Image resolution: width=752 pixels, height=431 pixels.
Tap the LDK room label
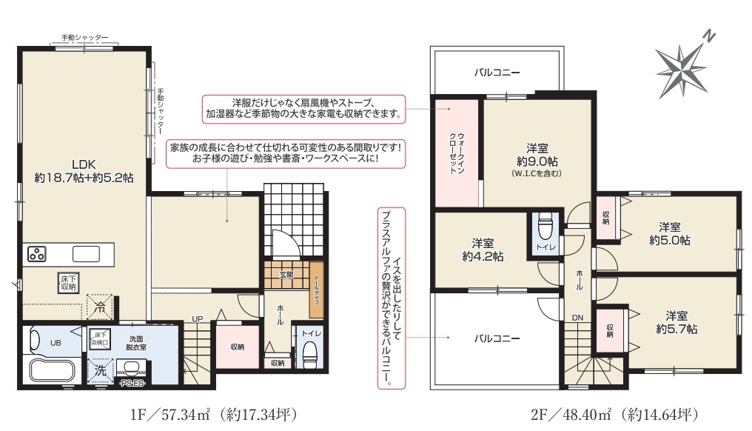click(84, 164)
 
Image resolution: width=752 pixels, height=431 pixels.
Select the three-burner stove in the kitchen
click(36, 254)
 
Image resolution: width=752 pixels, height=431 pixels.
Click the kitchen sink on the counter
click(86, 254)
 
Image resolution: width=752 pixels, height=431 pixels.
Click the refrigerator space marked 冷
click(100, 307)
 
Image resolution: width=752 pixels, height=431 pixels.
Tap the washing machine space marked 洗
click(100, 370)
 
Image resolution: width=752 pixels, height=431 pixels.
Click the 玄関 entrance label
click(286, 275)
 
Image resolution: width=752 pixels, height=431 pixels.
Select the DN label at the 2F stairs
click(577, 318)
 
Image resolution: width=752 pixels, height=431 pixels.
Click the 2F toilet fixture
click(545, 226)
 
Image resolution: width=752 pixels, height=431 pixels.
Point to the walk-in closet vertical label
click(457, 153)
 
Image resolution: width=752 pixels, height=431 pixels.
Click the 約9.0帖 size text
click(537, 161)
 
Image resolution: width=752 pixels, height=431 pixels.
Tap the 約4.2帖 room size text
click(483, 256)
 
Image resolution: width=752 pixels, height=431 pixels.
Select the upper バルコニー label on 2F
click(497, 73)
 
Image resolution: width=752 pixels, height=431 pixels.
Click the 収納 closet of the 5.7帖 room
click(610, 331)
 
